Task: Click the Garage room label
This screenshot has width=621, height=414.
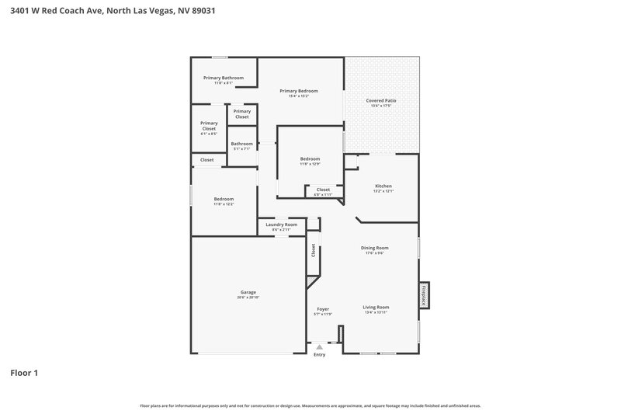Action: [x=248, y=292]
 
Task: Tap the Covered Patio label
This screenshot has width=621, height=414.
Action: [x=382, y=100]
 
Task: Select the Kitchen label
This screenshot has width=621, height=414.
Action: [x=383, y=186]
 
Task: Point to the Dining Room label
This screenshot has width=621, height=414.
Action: [x=374, y=248]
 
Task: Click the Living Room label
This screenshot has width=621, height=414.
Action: [x=376, y=307]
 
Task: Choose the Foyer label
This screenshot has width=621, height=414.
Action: [x=323, y=308]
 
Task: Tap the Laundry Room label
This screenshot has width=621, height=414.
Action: [x=281, y=224]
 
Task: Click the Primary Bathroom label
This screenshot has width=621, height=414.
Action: [x=224, y=78]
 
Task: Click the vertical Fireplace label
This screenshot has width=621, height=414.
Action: [x=424, y=294]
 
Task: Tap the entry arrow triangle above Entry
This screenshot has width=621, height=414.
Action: [x=319, y=347]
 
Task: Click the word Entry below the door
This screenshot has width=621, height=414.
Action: [x=319, y=355]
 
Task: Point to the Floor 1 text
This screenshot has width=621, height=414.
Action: [x=24, y=373]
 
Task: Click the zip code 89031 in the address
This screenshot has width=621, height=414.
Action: [x=203, y=10]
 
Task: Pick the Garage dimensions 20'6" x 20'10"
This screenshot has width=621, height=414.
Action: [x=248, y=298]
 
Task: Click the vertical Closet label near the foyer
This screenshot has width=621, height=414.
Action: [x=314, y=250]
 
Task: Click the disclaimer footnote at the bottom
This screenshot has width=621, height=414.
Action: [x=310, y=405]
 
